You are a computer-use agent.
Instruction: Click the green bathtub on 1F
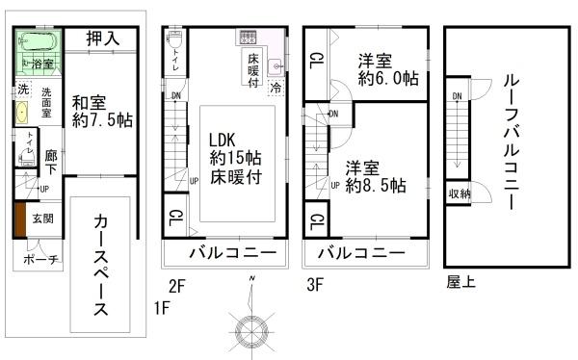pyautogui.click(x=37, y=43)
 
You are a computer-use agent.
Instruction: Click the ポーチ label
pyautogui.click(x=39, y=260)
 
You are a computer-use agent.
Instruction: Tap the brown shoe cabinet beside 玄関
pyautogui.click(x=18, y=219)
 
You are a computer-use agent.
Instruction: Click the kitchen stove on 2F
pyautogui.click(x=248, y=39)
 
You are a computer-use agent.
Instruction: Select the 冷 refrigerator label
pyautogui.click(x=276, y=87)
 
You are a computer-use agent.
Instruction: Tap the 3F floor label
pyautogui.click(x=315, y=285)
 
